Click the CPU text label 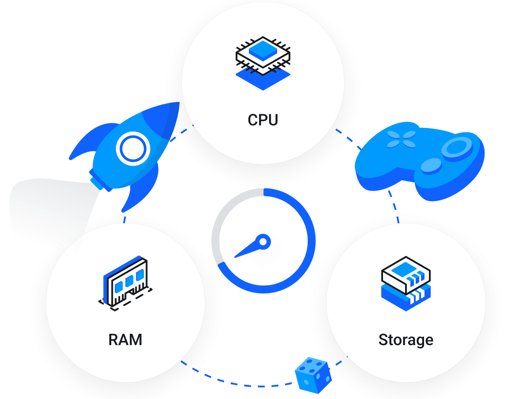263,120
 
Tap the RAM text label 125,340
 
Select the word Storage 406,340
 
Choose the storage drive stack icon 406,282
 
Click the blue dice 312,375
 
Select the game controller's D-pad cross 401,139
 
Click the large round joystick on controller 457,147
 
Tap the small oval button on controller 431,166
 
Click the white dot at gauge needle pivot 263,241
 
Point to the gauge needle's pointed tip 235,256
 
